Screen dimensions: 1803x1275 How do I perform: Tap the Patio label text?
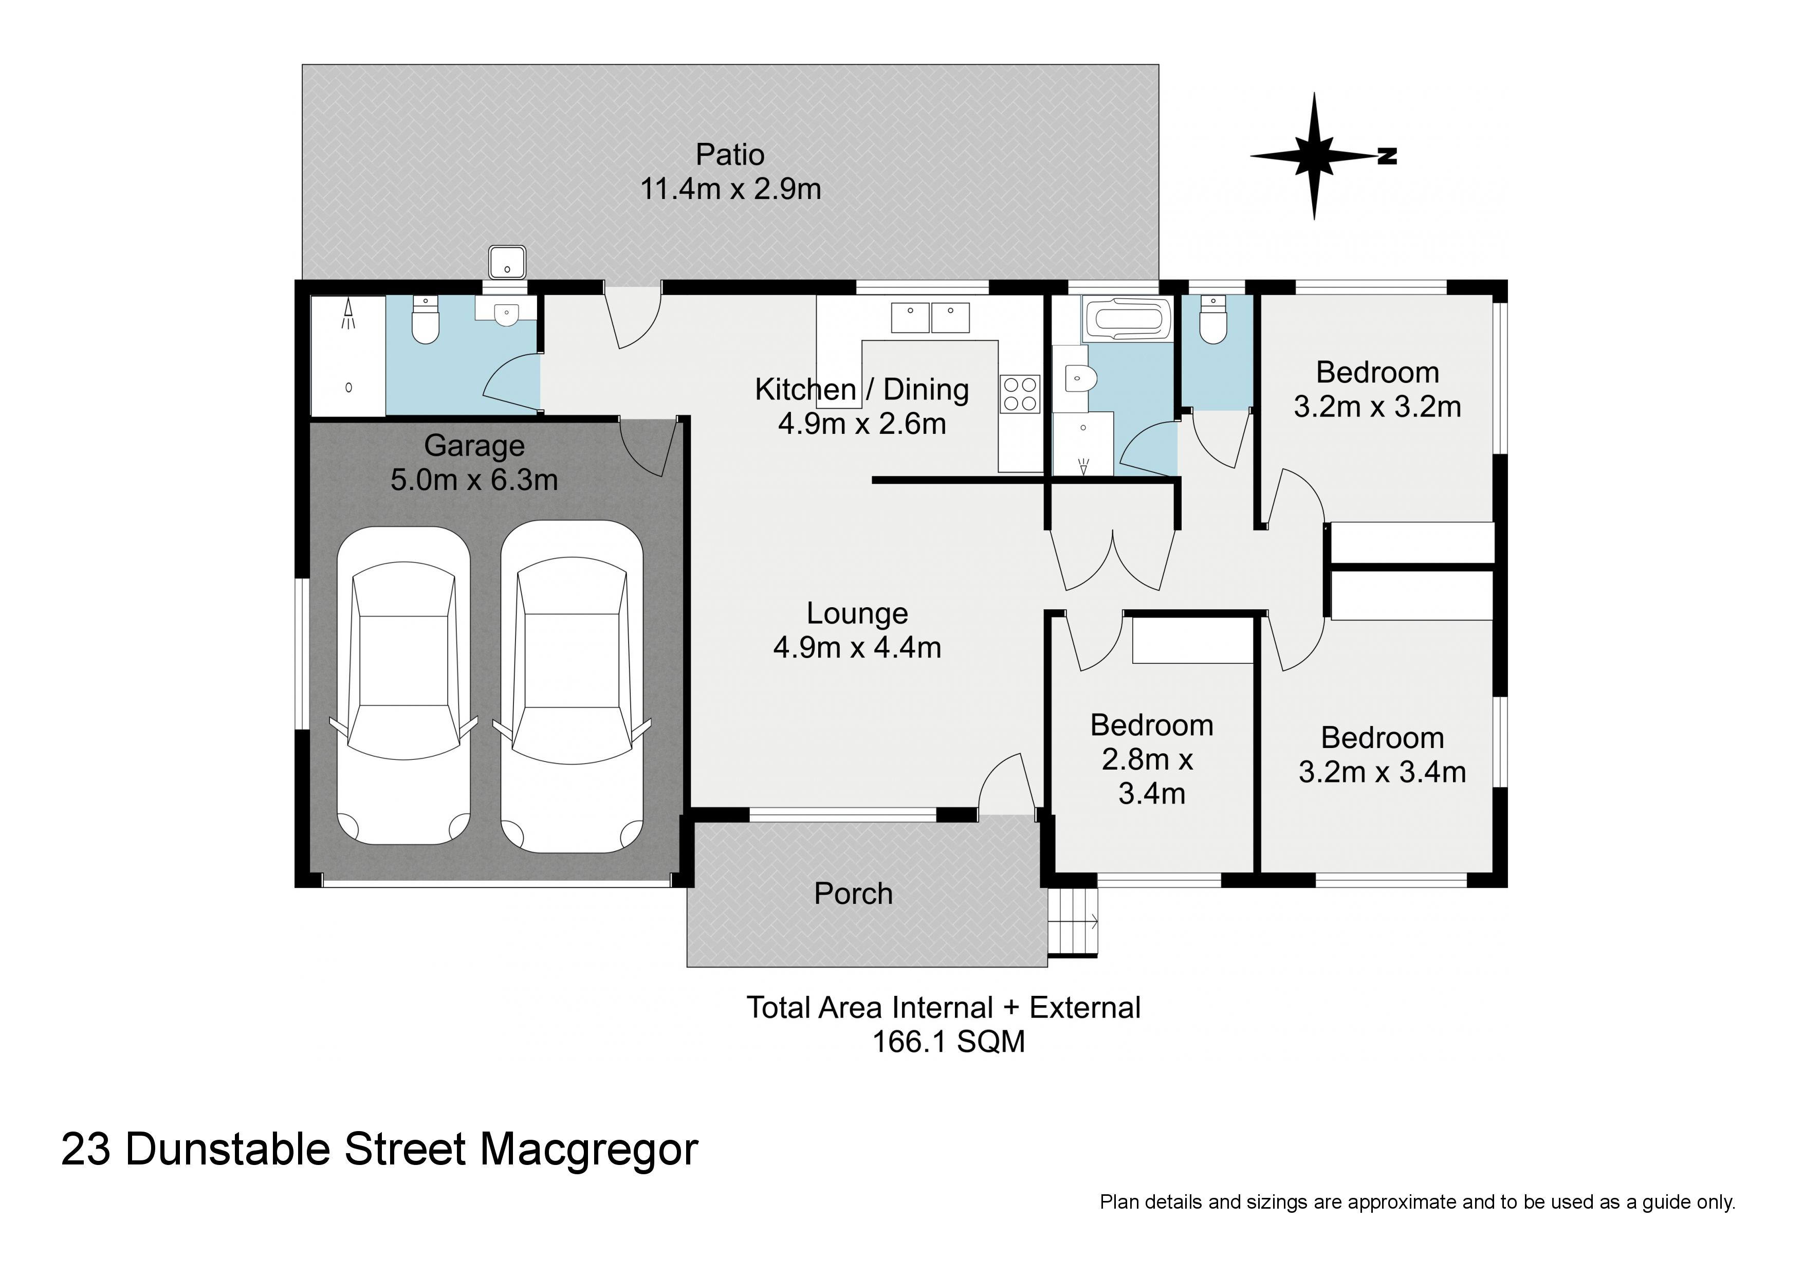729,155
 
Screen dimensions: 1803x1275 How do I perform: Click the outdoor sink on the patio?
507,262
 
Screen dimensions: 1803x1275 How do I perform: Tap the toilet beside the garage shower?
426,320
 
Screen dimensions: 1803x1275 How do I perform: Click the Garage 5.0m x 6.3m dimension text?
474,479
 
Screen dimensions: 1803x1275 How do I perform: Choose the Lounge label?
857,613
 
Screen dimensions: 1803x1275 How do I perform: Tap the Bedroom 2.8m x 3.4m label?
1151,759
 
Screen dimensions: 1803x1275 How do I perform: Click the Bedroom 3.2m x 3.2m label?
1377,390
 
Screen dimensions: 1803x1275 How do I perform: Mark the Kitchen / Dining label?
861,390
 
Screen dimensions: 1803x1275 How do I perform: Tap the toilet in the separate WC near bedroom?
1213,320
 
